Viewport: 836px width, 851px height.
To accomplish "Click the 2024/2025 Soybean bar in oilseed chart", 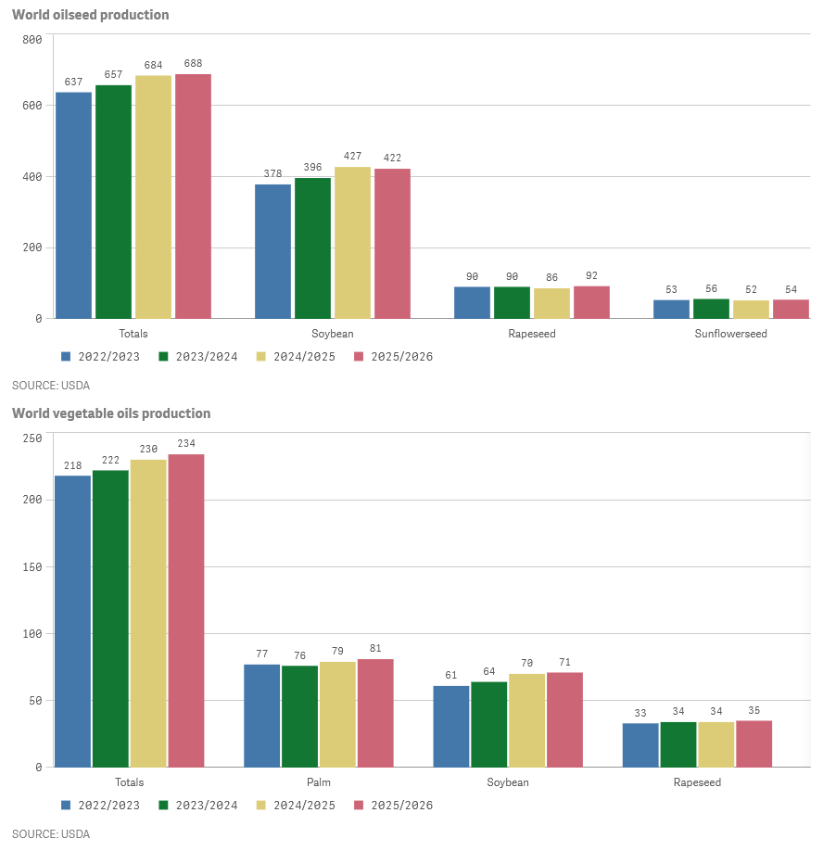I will coord(352,243).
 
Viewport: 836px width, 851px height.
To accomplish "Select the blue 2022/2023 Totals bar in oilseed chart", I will coord(74,205).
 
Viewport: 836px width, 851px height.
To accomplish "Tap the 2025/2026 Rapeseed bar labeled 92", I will coord(591,302).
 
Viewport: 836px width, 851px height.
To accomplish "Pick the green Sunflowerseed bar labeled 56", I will coord(711,309).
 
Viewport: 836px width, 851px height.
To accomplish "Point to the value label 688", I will coord(193,64).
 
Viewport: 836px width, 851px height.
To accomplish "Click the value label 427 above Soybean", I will coord(352,157).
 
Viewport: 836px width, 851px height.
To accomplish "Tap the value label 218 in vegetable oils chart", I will coord(72,465).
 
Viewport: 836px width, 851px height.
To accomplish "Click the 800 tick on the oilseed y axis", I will coord(32,40).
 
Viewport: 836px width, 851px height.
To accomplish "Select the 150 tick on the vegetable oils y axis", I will coord(32,567).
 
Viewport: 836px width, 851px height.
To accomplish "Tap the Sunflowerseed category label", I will coord(730,334).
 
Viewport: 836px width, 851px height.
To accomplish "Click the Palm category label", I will coord(319,782).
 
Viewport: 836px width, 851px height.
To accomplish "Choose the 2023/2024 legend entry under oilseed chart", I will coord(195,357).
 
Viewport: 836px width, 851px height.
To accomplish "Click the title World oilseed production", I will coord(90,15).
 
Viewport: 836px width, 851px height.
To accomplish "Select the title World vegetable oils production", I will coord(111,413).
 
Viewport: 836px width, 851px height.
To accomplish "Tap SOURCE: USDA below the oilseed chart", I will coord(51,385).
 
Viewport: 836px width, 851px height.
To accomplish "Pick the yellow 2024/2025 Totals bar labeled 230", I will coord(148,613).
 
